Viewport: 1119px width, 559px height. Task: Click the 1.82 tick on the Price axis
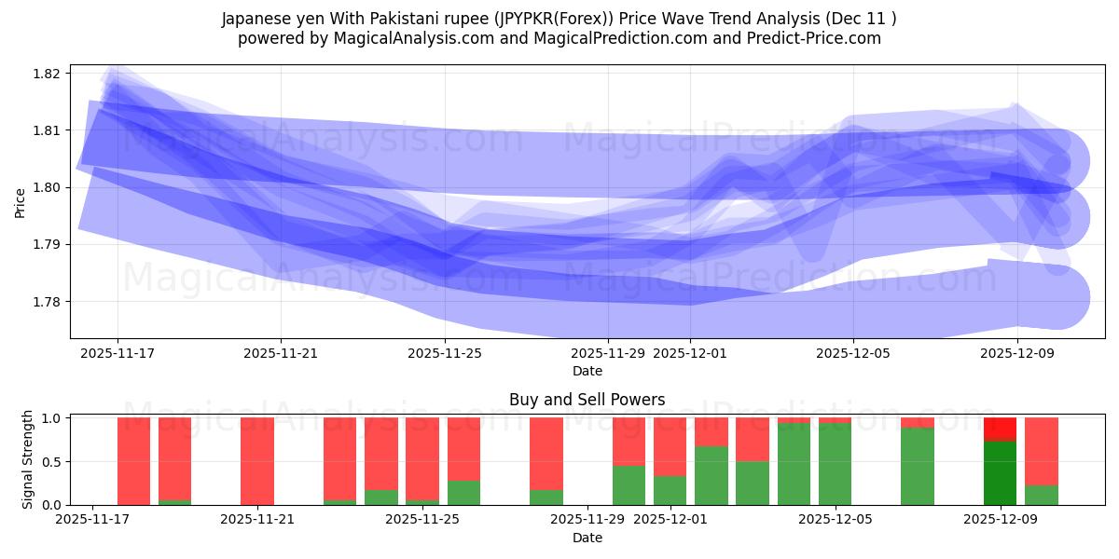[48, 74]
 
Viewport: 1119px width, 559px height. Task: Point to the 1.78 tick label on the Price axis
[48, 302]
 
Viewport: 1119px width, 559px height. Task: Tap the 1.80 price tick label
[48, 187]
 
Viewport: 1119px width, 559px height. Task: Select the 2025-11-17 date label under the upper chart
[117, 353]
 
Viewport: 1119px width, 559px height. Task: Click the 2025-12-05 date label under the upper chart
[853, 353]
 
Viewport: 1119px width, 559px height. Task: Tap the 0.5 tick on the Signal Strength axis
[53, 462]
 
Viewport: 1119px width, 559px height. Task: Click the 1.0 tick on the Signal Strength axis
[53, 418]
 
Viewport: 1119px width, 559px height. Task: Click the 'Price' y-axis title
[21, 202]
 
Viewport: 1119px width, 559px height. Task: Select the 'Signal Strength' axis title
[28, 459]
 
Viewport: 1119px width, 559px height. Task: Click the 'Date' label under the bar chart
[587, 538]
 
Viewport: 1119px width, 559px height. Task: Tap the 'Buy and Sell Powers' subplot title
[587, 400]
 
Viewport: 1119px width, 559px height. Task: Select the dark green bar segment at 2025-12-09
[1000, 473]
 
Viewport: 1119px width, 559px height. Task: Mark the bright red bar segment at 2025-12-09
[1000, 429]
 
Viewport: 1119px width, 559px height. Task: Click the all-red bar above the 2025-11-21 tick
[256, 461]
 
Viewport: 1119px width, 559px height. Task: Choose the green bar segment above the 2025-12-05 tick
[835, 464]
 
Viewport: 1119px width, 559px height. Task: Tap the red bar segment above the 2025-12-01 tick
[670, 446]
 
